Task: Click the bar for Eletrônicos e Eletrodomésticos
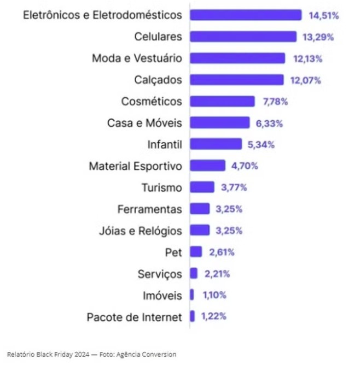click(x=246, y=15)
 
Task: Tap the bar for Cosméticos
click(x=222, y=102)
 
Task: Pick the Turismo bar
click(x=202, y=187)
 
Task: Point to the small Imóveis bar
click(x=192, y=295)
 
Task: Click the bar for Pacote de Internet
click(x=193, y=316)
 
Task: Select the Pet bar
click(x=196, y=252)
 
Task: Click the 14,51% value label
click(x=323, y=15)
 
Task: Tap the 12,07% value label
click(x=305, y=80)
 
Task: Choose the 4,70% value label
click(x=244, y=166)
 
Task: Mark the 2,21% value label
click(x=216, y=274)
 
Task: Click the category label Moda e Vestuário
click(x=137, y=58)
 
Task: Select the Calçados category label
click(x=158, y=80)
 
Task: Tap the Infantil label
click(x=164, y=145)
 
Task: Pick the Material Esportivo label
click(x=135, y=166)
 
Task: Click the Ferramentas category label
click(x=149, y=209)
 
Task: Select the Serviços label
click(x=160, y=274)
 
